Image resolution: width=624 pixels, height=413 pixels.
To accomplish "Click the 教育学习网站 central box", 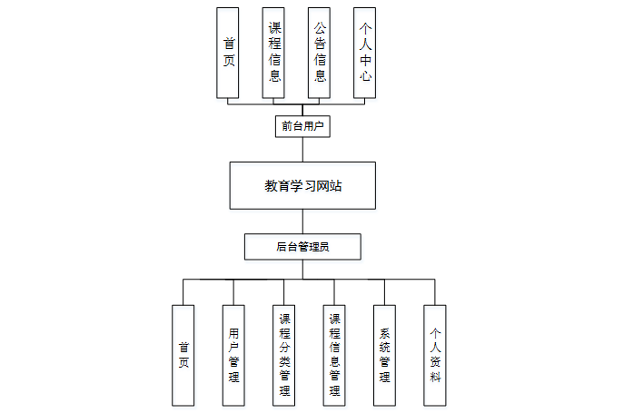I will (302, 186).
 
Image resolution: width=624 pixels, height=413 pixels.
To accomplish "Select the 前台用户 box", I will (302, 126).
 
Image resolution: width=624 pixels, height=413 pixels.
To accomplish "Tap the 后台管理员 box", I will (302, 246).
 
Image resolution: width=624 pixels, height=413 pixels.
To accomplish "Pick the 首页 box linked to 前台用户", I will (228, 53).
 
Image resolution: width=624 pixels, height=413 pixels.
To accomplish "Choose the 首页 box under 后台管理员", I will (183, 354).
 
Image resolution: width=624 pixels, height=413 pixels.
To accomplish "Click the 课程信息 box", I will (274, 53).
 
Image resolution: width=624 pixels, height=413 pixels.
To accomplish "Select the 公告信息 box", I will (320, 53).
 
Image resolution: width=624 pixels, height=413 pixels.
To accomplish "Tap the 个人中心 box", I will (365, 53).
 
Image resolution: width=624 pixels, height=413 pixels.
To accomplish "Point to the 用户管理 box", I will (234, 354).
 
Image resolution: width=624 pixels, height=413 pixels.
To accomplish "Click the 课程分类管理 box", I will (284, 354).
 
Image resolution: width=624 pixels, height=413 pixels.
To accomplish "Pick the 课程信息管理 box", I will (334, 354).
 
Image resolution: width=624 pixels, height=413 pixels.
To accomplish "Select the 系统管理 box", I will (384, 354).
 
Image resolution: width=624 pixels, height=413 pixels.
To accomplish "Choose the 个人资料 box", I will (434, 354).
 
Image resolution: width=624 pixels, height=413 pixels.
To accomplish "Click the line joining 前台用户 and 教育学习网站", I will (302, 150).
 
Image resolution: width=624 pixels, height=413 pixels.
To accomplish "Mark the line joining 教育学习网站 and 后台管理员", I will (302, 222).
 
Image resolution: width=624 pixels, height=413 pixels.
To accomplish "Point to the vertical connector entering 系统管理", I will (384, 291).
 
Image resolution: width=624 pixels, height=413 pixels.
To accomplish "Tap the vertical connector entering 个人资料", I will (434, 291).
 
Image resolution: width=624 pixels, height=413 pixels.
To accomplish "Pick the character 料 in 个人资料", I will (434, 376).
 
